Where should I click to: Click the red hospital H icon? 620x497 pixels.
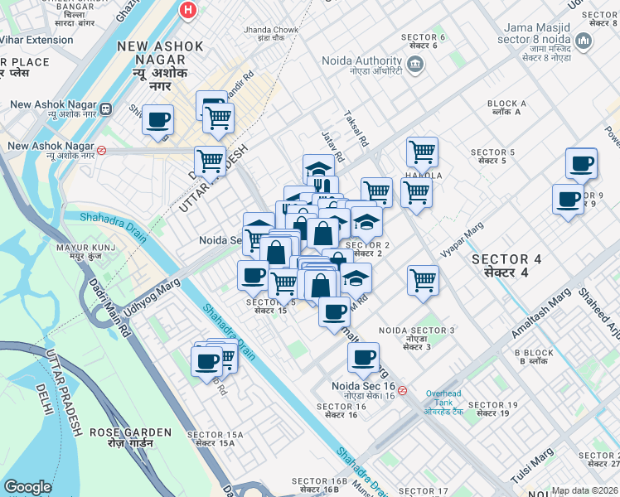click(188, 10)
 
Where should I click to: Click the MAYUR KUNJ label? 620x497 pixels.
click(80, 251)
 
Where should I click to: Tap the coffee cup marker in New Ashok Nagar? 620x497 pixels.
click(157, 119)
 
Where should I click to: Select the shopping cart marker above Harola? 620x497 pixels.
click(422, 152)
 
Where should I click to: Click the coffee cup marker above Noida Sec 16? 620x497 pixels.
click(363, 358)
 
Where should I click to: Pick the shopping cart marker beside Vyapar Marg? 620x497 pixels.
click(423, 280)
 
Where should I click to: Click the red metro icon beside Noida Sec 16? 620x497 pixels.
click(402, 390)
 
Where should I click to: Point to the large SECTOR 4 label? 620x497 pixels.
click(506, 265)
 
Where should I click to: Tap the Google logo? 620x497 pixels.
click(27, 487)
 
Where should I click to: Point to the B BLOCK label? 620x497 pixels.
click(534, 357)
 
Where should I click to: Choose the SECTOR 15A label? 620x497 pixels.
click(219, 438)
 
